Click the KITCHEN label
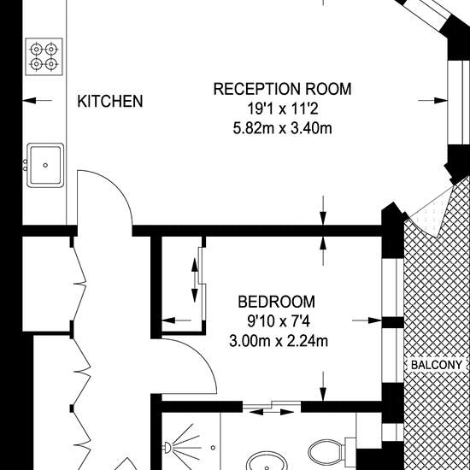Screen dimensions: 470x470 click(110, 102)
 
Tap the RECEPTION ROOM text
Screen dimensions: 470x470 click(282, 89)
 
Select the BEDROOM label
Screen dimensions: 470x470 click(276, 302)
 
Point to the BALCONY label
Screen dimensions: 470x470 click(437, 365)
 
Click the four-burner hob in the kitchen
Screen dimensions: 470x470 click(44, 56)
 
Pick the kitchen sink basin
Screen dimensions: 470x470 click(45, 165)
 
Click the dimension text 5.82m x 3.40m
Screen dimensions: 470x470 click(282, 128)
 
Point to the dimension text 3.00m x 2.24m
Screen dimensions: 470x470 click(279, 341)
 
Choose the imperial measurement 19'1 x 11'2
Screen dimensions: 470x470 click(282, 109)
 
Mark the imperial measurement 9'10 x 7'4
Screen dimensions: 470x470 click(279, 321)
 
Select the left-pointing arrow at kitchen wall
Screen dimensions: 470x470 click(37, 101)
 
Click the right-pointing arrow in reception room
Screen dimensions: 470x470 click(433, 101)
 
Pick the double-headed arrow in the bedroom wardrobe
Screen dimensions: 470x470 click(195, 280)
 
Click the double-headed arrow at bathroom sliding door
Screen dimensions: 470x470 click(272, 412)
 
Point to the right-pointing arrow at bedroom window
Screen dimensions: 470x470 click(367, 320)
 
